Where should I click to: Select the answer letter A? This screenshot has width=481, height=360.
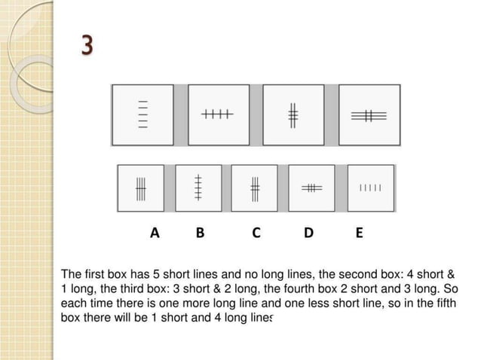tap(155, 233)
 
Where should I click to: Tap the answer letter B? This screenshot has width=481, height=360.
tap(200, 233)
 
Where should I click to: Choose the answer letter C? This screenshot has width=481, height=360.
tap(256, 233)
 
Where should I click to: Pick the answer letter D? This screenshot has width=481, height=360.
tap(309, 233)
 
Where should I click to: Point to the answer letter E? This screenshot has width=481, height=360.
tap(359, 233)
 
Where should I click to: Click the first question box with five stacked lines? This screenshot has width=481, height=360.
tap(142, 114)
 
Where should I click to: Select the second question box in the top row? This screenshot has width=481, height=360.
tap(219, 114)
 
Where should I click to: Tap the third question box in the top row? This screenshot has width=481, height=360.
tap(294, 114)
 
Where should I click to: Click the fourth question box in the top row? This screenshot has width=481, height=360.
tap(369, 114)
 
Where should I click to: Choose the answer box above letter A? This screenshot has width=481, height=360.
tap(141, 188)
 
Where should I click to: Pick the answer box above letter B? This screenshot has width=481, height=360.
tap(198, 188)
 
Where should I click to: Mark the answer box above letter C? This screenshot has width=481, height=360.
tap(255, 188)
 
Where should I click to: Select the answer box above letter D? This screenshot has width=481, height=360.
tap(311, 188)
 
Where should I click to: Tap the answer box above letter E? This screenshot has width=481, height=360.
tap(371, 188)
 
